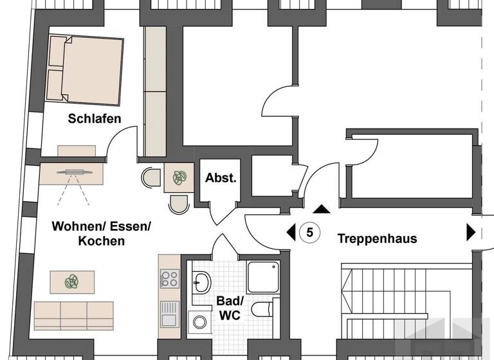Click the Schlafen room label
[x=95, y=119]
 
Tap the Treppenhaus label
[x=377, y=239]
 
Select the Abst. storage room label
[x=221, y=178]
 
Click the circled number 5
[x=309, y=233]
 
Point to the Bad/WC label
[x=230, y=308]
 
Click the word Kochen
[x=102, y=241]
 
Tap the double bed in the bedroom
[x=84, y=70]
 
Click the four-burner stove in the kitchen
[x=170, y=279]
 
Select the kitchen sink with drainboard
[x=170, y=314]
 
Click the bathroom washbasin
[x=201, y=282]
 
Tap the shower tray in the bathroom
[x=263, y=277]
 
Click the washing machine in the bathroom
[x=199, y=322]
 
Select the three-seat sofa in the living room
[x=74, y=316]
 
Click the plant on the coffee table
[x=72, y=282]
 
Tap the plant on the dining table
[x=179, y=177]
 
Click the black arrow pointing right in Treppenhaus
[x=471, y=233]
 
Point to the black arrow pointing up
[x=322, y=209]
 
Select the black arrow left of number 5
[x=291, y=233]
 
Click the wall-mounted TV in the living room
[x=75, y=172]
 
